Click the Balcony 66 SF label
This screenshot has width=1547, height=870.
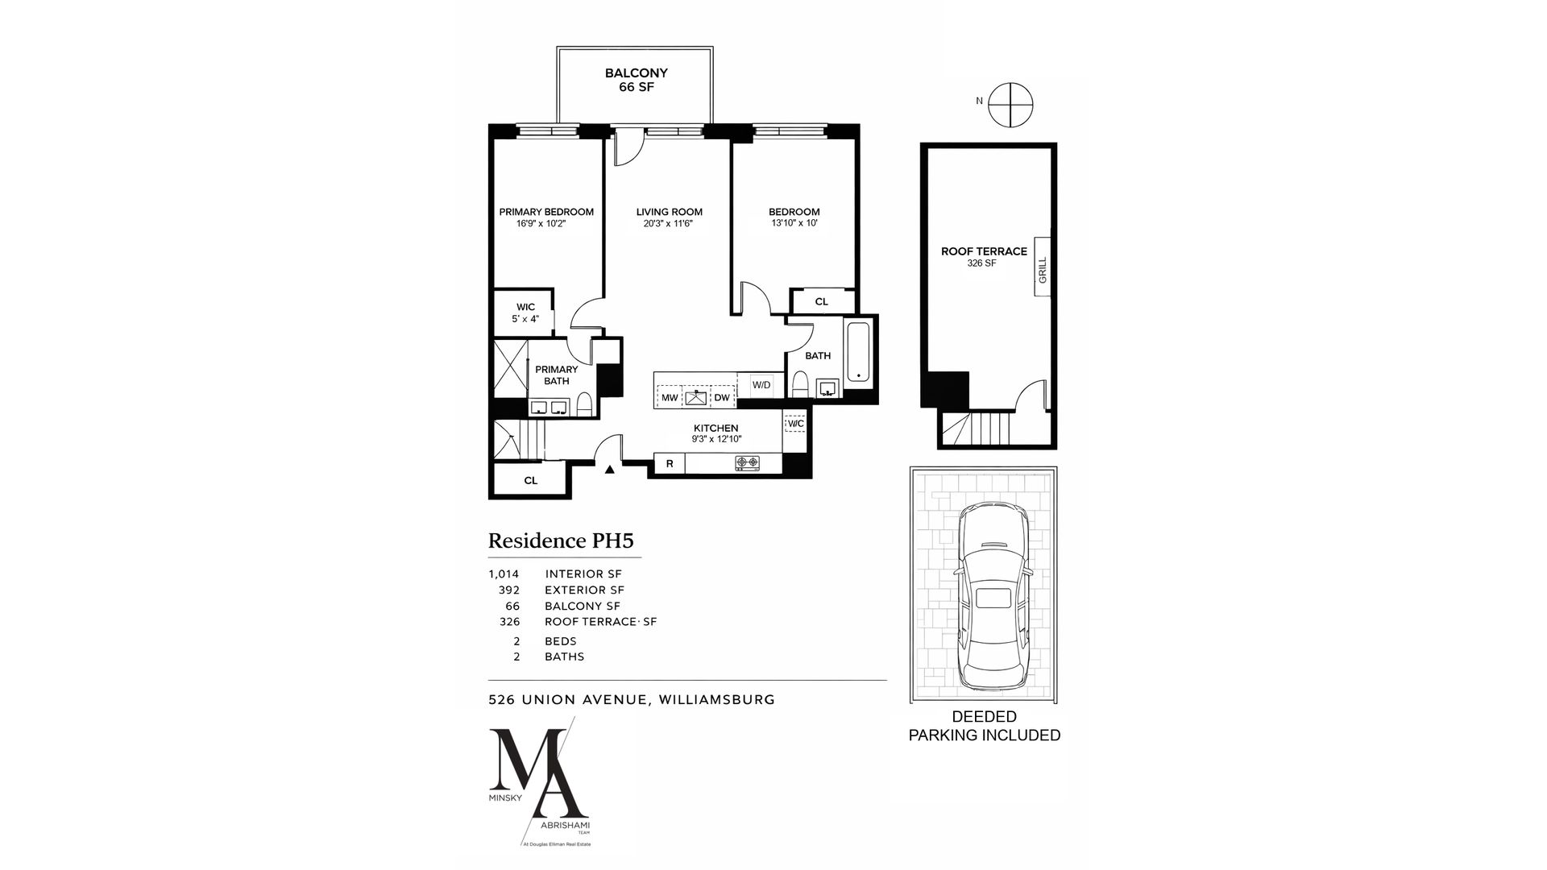pyautogui.click(x=636, y=80)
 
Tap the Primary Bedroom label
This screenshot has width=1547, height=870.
pyautogui.click(x=545, y=212)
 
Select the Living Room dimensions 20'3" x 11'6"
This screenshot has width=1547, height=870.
pyautogui.click(x=668, y=224)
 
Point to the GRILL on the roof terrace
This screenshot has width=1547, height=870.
pyautogui.click(x=1042, y=269)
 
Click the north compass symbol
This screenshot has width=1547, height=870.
pyautogui.click(x=1010, y=105)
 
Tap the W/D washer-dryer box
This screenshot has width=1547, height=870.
pyautogui.click(x=761, y=385)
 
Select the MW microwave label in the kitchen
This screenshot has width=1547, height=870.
pyautogui.click(x=670, y=398)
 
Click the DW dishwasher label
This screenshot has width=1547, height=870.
pyautogui.click(x=721, y=398)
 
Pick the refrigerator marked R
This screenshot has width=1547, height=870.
pyautogui.click(x=669, y=464)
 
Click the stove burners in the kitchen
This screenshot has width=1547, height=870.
pyautogui.click(x=747, y=463)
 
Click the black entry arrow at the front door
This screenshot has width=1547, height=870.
pyautogui.click(x=610, y=469)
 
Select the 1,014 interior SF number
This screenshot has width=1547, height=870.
pyautogui.click(x=504, y=574)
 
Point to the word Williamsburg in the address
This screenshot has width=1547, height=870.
pyautogui.click(x=716, y=699)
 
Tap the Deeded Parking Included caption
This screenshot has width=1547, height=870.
pyautogui.click(x=984, y=726)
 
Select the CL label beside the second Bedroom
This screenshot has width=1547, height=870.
pyautogui.click(x=821, y=302)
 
